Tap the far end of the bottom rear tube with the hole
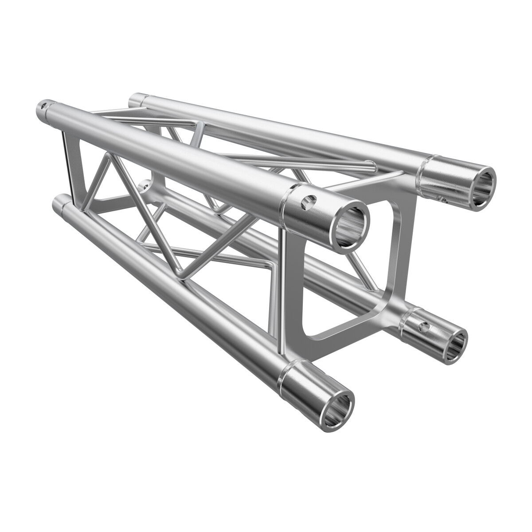pos(144,184)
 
